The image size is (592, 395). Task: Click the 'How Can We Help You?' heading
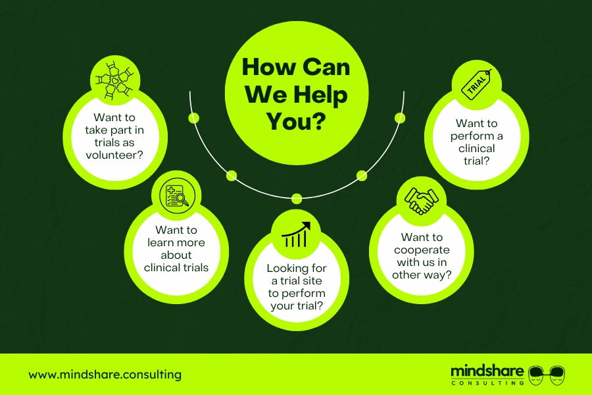[297, 93]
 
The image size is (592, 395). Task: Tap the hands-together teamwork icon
[114, 80]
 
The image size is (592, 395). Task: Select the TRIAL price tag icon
[477, 84]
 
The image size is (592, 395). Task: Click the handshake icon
[422, 201]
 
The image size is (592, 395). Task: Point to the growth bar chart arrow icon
[296, 234]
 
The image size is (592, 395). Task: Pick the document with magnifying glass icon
[177, 196]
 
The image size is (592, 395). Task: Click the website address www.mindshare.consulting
[105, 375]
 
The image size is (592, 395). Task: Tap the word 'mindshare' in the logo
[487, 371]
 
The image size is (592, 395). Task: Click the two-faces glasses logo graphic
[547, 375]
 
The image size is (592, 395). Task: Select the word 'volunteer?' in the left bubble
[114, 155]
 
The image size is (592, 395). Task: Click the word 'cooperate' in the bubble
[422, 250]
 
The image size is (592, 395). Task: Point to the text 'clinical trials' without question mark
[176, 267]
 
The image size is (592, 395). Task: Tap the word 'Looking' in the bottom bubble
[285, 269]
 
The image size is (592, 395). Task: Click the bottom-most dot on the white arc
[297, 198]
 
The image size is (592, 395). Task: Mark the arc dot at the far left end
[193, 118]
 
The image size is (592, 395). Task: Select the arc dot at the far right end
[400, 118]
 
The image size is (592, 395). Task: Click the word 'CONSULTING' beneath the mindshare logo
[487, 383]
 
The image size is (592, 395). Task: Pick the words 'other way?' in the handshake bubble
[422, 275]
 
